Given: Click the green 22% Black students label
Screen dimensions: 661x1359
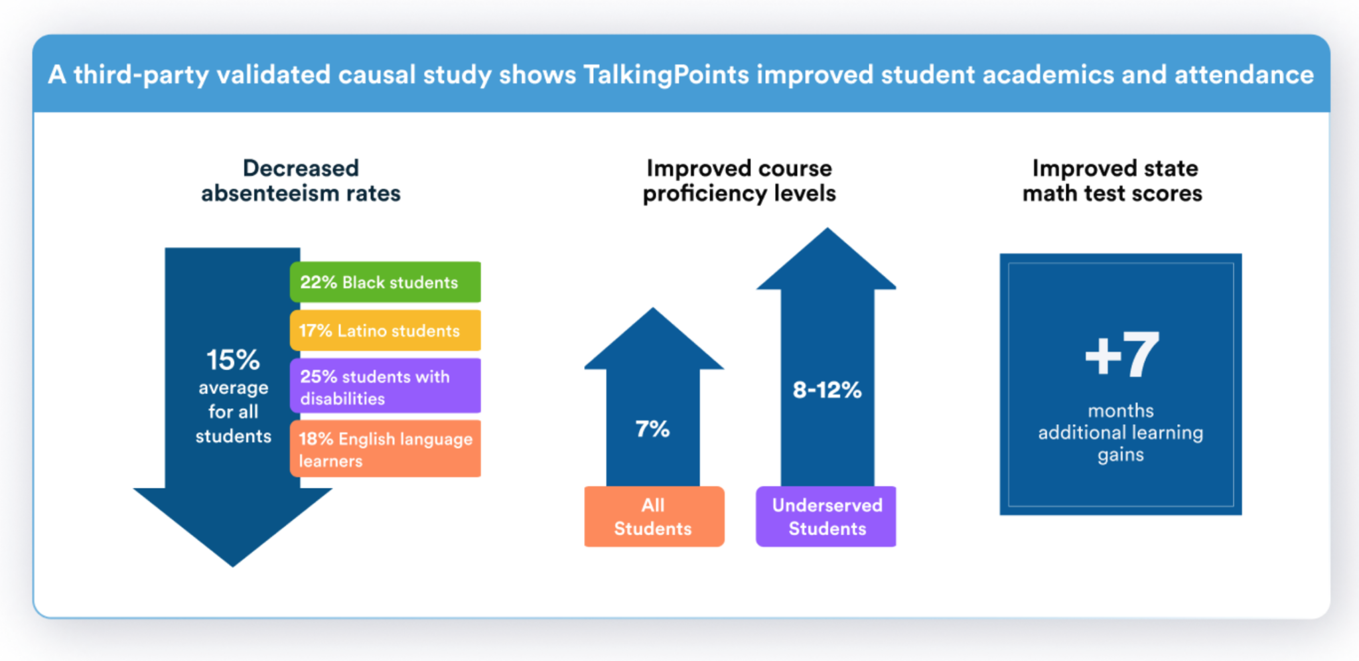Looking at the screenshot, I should tap(385, 282).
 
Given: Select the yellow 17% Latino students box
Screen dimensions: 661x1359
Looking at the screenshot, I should tap(385, 330).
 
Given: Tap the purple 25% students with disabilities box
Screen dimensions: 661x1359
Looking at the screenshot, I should tap(385, 387).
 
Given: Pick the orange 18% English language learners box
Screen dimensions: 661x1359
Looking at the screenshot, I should tap(385, 449).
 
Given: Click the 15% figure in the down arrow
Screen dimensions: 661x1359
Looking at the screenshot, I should tap(233, 360).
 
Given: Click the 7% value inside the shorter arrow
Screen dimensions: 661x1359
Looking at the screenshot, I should tap(652, 429).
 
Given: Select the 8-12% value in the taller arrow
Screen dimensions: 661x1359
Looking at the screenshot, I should tap(827, 390).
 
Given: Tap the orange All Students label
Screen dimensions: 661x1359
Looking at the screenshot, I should tap(654, 517).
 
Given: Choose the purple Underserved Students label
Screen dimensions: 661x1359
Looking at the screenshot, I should tap(826, 517).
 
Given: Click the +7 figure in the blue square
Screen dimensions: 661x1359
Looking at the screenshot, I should tap(1121, 356).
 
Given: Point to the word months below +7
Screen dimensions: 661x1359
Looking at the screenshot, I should tap(1120, 411).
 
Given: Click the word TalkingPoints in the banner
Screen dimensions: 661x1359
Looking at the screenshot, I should tap(666, 74).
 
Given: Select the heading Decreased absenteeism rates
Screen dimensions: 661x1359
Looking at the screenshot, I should tap(301, 181).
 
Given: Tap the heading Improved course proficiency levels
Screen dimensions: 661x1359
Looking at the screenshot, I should tap(739, 181).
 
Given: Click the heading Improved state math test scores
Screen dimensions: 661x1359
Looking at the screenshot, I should tap(1113, 181).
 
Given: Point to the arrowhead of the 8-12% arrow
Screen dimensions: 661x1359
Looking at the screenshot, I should tap(827, 259).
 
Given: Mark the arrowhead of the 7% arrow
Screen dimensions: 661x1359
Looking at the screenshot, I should tap(654, 338).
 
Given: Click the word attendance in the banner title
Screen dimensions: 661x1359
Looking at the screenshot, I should tap(1244, 74).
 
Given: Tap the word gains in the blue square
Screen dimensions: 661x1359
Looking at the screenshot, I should tap(1120, 455).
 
